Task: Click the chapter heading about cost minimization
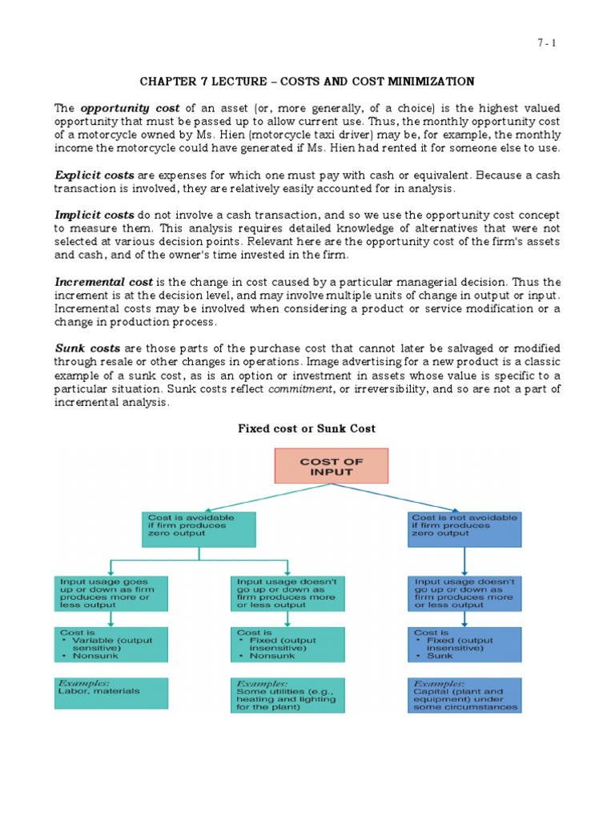(307, 82)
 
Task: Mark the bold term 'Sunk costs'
(87, 349)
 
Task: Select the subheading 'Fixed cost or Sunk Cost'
(307, 428)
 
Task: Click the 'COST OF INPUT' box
(331, 466)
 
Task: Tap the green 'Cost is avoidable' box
(199, 529)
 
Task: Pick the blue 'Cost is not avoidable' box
(464, 529)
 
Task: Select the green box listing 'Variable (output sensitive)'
(111, 645)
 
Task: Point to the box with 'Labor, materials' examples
(111, 693)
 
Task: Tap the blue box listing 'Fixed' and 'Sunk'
(464, 645)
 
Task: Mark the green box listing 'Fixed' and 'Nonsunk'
(287, 645)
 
